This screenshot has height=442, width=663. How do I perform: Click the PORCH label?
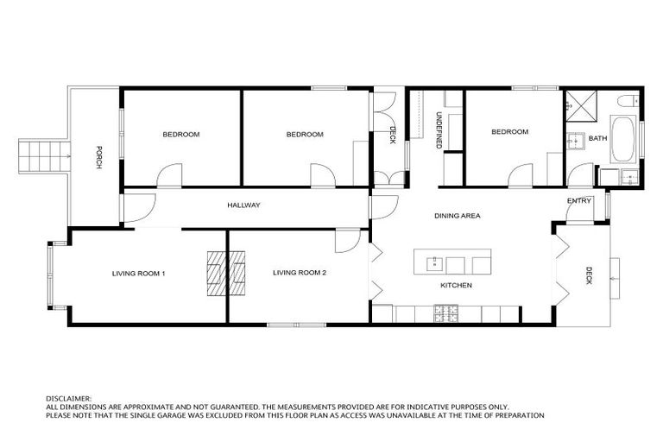coord(100,155)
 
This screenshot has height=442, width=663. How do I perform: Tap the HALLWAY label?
coord(243,205)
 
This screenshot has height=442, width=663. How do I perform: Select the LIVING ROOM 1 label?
coord(138,274)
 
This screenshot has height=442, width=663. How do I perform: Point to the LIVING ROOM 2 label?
coord(299,274)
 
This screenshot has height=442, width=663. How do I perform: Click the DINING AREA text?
coord(457,216)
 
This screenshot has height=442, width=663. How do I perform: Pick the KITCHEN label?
coord(455,286)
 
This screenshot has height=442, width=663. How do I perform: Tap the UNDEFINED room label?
coord(438,130)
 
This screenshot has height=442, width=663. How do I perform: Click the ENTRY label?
coord(579,201)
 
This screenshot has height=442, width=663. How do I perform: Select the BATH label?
coord(597,138)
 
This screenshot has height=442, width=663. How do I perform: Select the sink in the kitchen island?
coord(434,263)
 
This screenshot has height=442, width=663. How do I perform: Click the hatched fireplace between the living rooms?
coord(226,274)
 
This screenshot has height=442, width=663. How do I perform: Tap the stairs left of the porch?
coord(40,157)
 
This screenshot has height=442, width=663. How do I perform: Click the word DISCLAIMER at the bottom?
coord(68,400)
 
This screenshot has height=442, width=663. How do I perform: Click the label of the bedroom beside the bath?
coord(509,132)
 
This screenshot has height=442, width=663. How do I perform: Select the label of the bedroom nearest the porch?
coord(181,135)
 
